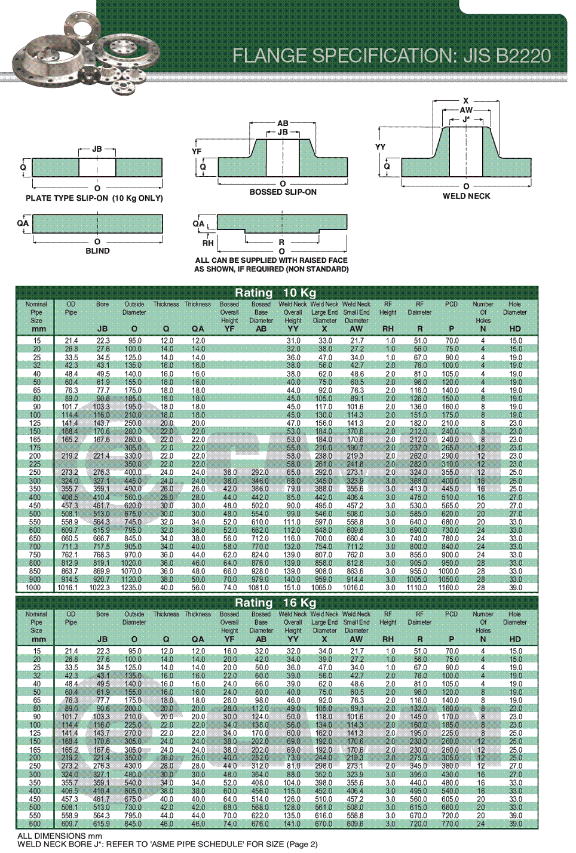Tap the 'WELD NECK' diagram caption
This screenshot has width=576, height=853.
466,196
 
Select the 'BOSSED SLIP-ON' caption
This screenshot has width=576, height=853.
283,192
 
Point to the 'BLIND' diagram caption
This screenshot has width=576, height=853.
97,251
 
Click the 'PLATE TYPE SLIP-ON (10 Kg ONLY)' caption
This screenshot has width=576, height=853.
94,198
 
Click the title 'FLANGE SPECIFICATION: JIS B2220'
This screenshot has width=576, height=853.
391,56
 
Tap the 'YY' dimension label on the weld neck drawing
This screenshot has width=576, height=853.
380,147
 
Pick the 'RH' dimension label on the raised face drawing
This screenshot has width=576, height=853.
207,243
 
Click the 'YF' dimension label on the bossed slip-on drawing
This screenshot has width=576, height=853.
197,152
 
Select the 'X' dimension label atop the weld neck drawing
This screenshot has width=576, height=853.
466,101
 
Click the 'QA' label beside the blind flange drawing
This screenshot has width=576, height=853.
23,223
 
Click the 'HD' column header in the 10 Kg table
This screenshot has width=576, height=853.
515,329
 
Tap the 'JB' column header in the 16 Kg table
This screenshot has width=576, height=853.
103,639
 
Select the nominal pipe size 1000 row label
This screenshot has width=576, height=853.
33,588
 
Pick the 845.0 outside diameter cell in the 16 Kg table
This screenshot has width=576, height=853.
133,824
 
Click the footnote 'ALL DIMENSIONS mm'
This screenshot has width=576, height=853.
60,836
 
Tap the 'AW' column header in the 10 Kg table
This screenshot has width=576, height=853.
356,329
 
